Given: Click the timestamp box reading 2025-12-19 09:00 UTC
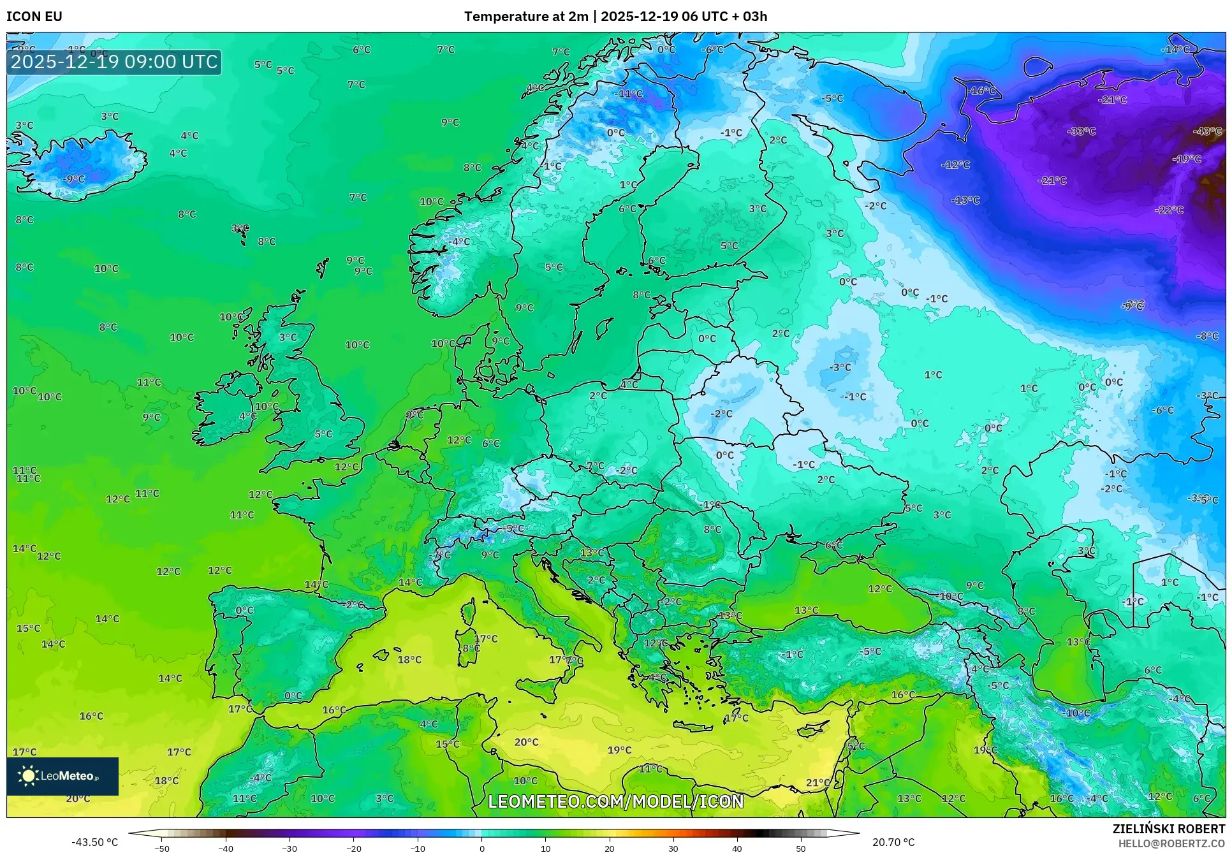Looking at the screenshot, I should click(x=114, y=62).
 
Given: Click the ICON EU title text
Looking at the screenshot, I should click(x=34, y=17).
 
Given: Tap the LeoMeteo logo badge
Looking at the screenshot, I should click(x=62, y=776).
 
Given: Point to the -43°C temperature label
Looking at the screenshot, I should click(x=1207, y=131).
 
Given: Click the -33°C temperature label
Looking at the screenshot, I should click(x=1082, y=131).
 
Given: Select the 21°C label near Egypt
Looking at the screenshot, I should click(x=818, y=782).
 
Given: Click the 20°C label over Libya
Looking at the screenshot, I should click(x=527, y=742).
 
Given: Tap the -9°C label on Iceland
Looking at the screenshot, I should click(x=74, y=179).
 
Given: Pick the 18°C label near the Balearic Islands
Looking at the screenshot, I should click(x=409, y=660).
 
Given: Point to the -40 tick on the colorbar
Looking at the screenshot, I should click(x=226, y=848).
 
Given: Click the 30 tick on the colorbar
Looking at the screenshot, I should click(x=673, y=848).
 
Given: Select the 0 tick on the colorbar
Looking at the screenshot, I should click(x=481, y=848).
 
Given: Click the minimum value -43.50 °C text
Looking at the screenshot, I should click(x=95, y=842).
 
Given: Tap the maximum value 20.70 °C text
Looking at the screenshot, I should click(x=893, y=842).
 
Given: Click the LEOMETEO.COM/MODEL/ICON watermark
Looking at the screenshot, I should click(x=616, y=801).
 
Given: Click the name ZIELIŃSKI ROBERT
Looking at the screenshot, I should click(x=1169, y=829).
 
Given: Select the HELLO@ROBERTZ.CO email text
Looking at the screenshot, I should click(x=1171, y=843).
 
